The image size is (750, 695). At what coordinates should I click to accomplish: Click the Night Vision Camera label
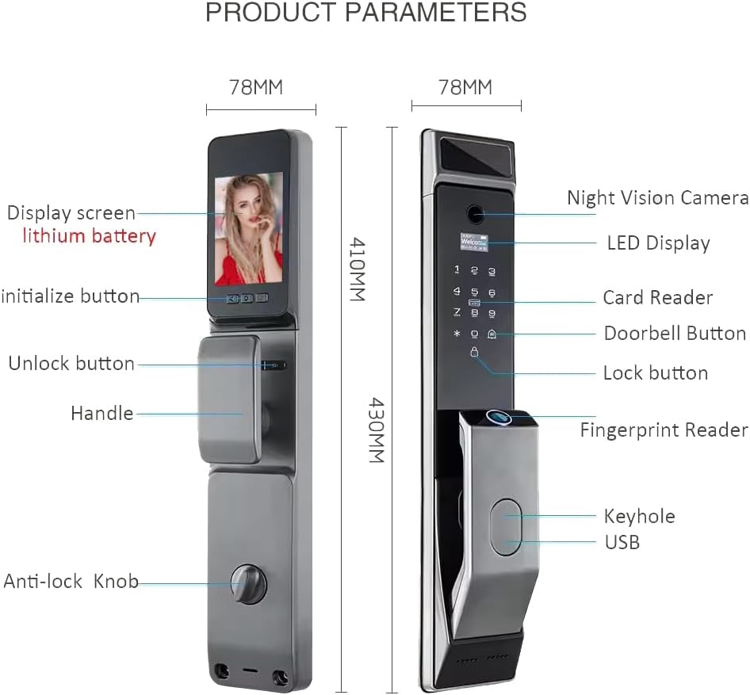pyautogui.click(x=657, y=198)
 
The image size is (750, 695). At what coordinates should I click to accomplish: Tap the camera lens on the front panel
pyautogui.click(x=475, y=214)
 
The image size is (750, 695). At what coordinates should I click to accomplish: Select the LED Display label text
pyautogui.click(x=658, y=243)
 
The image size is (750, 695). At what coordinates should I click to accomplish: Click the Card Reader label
pyautogui.click(x=657, y=298)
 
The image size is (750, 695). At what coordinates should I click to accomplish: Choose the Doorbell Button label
pyautogui.click(x=675, y=334)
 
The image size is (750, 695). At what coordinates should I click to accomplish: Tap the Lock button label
pyautogui.click(x=655, y=372)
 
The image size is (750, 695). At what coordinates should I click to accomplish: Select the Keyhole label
pyautogui.click(x=639, y=517)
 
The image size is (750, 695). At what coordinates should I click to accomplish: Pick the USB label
pyautogui.click(x=622, y=542)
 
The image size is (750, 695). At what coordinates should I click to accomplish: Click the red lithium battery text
pyautogui.click(x=89, y=236)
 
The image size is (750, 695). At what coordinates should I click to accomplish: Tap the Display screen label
pyautogui.click(x=71, y=213)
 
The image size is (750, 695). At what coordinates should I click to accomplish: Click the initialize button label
pyautogui.click(x=70, y=296)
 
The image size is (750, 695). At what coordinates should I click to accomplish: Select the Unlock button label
pyautogui.click(x=71, y=364)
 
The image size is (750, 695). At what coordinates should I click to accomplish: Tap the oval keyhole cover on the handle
pyautogui.click(x=507, y=525)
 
